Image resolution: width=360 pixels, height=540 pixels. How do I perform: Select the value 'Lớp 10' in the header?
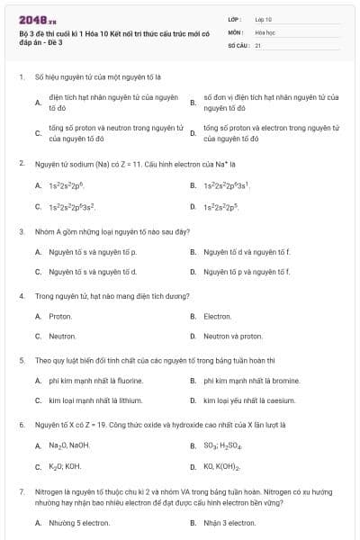pyautogui.click(x=264, y=18)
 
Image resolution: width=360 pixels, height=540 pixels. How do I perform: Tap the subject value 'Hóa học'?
pyautogui.click(x=265, y=31)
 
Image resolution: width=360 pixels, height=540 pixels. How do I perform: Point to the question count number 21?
pyautogui.click(x=258, y=43)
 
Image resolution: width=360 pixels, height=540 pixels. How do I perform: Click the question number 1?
pyautogui.click(x=21, y=77)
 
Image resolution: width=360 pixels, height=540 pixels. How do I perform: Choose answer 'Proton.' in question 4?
pyautogui.click(x=60, y=316)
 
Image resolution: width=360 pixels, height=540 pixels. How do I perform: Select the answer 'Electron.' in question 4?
pyautogui.click(x=218, y=316)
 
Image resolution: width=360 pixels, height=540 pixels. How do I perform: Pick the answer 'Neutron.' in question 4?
pyautogui.click(x=62, y=336)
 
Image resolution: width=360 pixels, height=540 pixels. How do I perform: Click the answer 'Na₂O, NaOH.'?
pyautogui.click(x=69, y=445)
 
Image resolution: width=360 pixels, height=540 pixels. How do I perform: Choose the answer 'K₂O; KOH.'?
pyautogui.click(x=65, y=466)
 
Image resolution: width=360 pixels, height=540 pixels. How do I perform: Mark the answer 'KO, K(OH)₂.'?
pyautogui.click(x=222, y=466)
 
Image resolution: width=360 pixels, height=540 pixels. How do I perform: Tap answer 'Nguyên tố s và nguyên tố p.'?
pyautogui.click(x=93, y=251)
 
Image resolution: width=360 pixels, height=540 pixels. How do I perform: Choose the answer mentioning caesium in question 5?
pyautogui.click(x=249, y=400)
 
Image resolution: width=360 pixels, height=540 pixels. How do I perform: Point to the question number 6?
pyautogui.click(x=21, y=424)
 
